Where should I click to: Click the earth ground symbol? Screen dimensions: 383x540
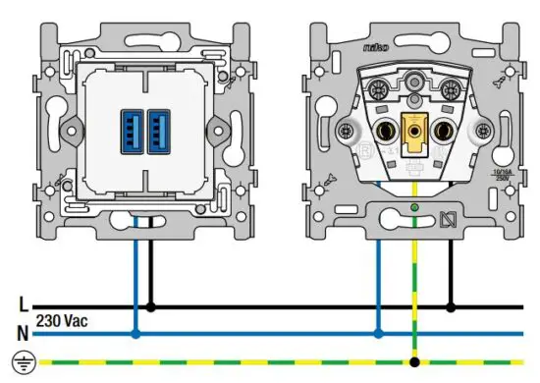23,361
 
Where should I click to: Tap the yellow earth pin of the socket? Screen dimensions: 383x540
413,129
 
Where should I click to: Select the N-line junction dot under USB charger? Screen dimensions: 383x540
135,334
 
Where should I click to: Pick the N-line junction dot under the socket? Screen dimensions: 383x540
378,334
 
